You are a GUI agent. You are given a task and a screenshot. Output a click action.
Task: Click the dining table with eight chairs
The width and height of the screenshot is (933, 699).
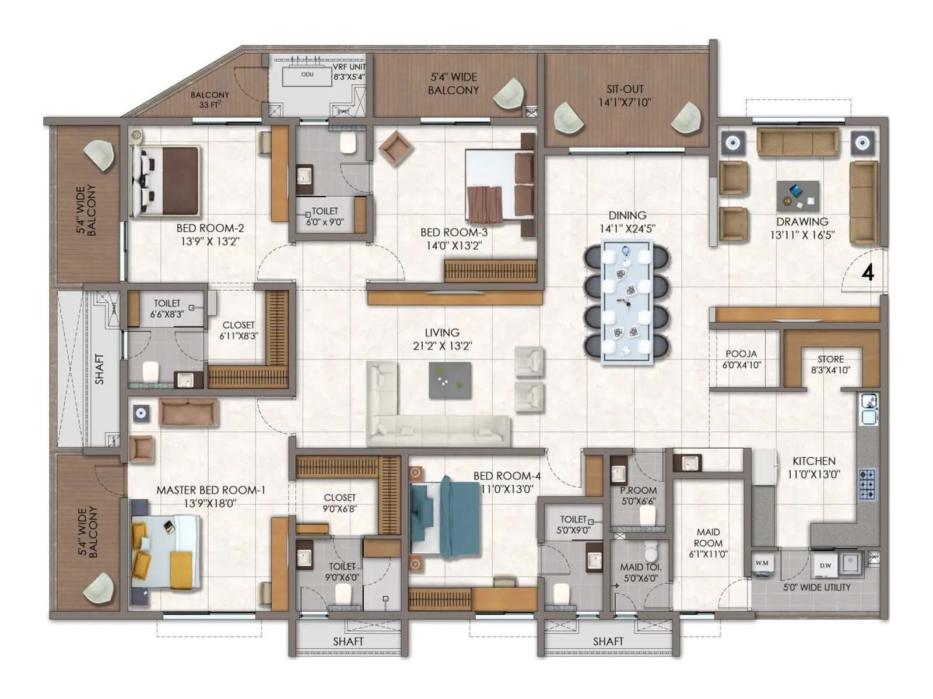tap(627, 302)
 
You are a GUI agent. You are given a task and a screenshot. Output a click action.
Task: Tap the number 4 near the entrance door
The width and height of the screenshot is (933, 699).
tap(868, 273)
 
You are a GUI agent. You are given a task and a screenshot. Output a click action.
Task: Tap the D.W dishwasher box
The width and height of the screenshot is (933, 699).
tap(826, 565)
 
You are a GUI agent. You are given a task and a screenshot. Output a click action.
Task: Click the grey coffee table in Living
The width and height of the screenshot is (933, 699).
tap(450, 380)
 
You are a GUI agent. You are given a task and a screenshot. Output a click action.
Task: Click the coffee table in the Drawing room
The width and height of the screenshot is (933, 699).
tap(797, 196)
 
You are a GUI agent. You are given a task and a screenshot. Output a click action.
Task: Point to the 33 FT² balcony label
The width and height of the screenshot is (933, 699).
tap(209, 105)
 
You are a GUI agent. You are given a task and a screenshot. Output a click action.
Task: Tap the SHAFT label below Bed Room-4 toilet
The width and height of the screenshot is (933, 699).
tap(608, 641)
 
